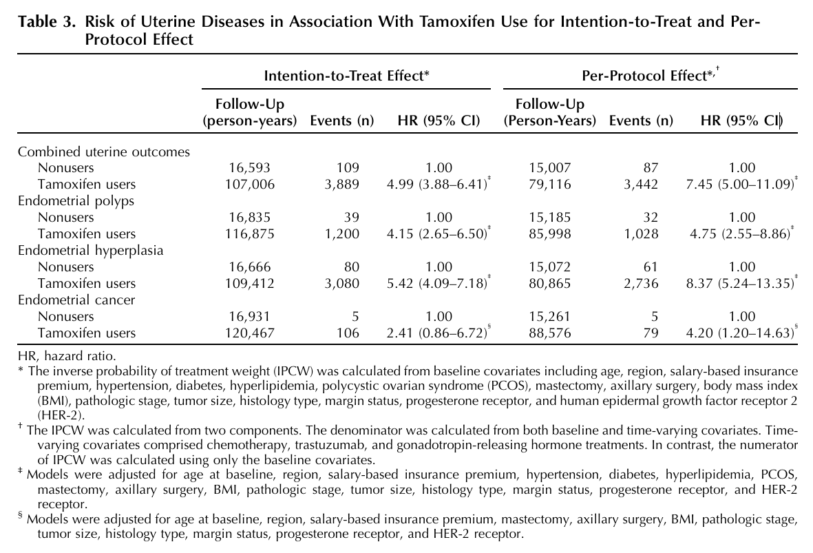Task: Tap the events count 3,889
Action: [x=341, y=184]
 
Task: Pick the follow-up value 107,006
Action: [x=250, y=184]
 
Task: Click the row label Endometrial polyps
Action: [x=76, y=201]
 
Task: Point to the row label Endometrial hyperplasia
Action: [x=91, y=251]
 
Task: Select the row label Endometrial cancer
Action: [x=76, y=300]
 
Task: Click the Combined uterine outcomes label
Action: [x=104, y=152]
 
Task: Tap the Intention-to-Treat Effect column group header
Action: [x=347, y=76]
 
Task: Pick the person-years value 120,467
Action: [x=250, y=333]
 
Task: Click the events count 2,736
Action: [x=641, y=284]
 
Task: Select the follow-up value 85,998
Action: [x=550, y=234]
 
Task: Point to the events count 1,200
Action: [x=341, y=234]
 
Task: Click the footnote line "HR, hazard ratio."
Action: [x=67, y=357]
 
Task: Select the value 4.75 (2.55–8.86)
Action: [x=740, y=234]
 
